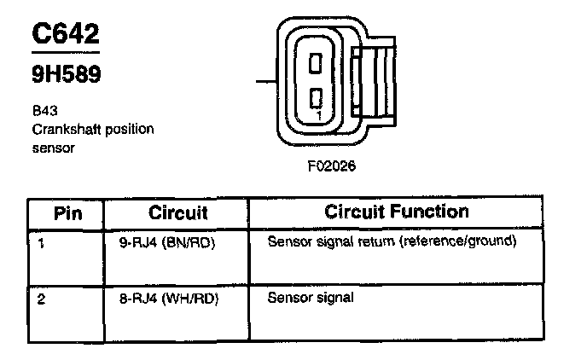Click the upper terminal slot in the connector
pos(315,62)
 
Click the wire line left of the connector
pos(266,83)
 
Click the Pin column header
pos(68,212)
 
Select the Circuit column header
pos(178,212)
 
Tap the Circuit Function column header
pos(396,212)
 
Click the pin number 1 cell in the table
pos(42,242)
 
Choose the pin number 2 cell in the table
pos(42,299)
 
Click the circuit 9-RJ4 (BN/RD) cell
pos(166,241)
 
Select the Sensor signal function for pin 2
pos(311,299)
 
